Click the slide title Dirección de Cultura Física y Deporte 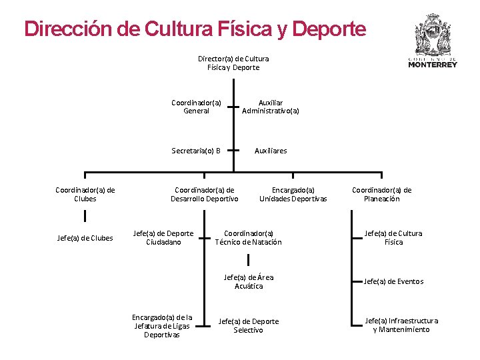tap(195, 29)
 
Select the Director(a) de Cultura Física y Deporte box tap(233, 63)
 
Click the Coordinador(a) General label tap(196, 107)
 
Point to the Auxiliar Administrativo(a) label tap(271, 107)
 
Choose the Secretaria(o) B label tap(196, 151)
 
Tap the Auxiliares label tap(271, 151)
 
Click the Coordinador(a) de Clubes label tap(85, 194)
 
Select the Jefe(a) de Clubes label tap(85, 238)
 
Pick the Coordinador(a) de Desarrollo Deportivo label tap(204, 194)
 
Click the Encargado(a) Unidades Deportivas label tap(293, 194)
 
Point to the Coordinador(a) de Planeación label tap(382, 194)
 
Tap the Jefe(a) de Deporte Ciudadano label tap(163, 238)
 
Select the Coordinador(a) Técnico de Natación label tap(249, 238)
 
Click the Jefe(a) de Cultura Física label tap(393, 238)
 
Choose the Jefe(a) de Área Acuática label tap(249, 281)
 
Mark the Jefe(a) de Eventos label tap(393, 281)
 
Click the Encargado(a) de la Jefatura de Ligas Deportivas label tap(162, 325)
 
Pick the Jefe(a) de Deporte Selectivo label tap(249, 325)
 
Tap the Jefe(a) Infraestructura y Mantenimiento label tap(401, 325)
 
